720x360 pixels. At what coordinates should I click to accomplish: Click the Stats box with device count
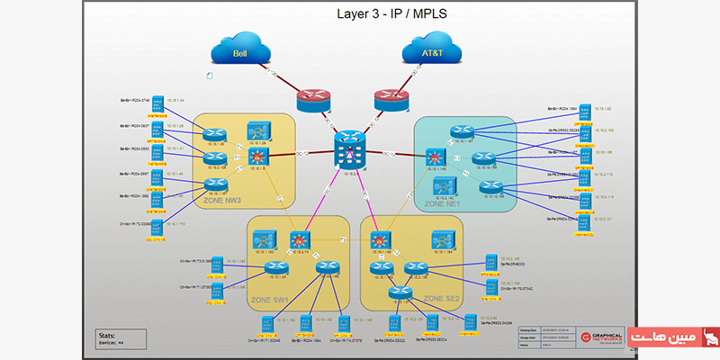tap(121, 337)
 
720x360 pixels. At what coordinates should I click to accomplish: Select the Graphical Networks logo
tap(598, 338)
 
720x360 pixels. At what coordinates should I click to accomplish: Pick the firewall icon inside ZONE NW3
tap(256, 130)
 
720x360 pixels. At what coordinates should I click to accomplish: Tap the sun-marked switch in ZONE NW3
tap(256, 158)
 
